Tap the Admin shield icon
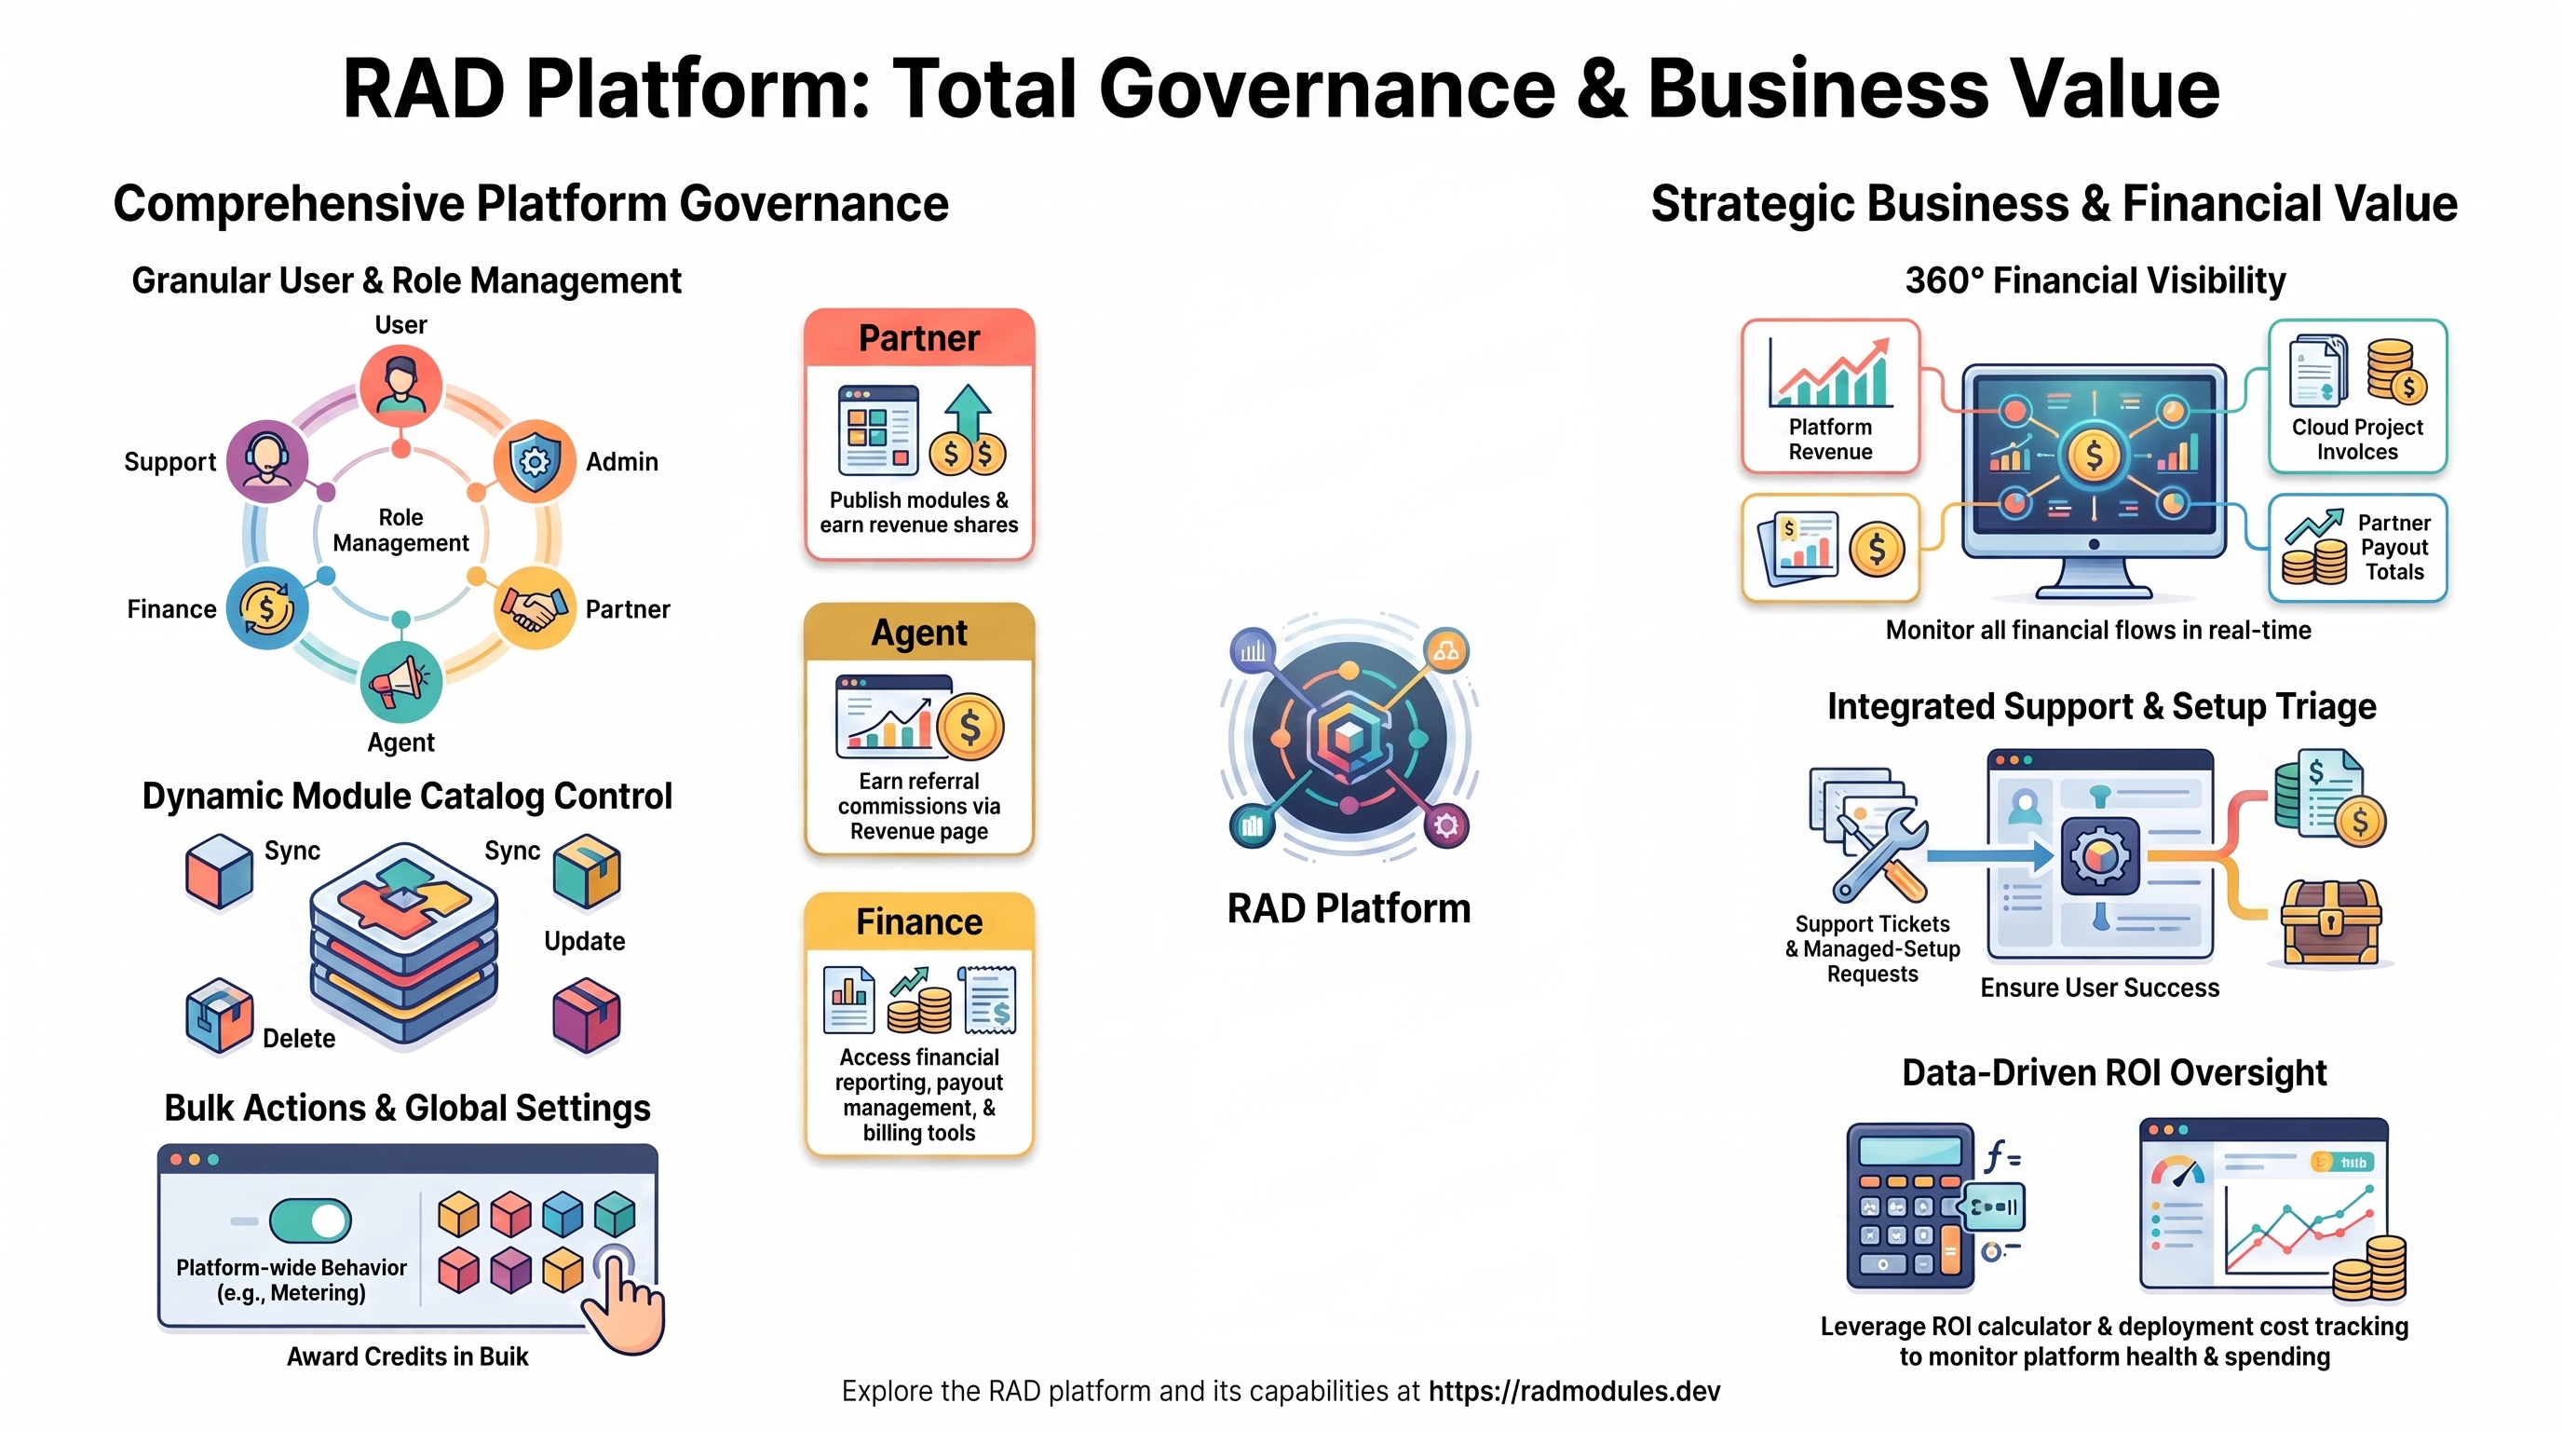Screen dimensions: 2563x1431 coord(535,461)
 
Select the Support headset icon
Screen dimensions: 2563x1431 coord(266,461)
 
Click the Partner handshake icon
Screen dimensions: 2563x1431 coord(535,608)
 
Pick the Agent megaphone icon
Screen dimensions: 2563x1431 coord(401,682)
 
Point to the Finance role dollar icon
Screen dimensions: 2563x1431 coord(266,608)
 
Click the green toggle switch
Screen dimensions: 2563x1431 coord(310,1220)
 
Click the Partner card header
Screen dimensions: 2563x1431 coord(919,338)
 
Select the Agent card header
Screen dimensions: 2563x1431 coord(919,633)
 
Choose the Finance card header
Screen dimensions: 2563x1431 coord(919,922)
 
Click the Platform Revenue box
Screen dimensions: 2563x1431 coord(1831,396)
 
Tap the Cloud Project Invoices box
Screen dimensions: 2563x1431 coord(2357,396)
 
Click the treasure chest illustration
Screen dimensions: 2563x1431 coord(2330,921)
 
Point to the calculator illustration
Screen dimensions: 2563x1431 coord(1911,1206)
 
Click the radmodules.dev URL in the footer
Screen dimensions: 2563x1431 coord(1574,1391)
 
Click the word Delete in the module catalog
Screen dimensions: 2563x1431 coord(298,1038)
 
